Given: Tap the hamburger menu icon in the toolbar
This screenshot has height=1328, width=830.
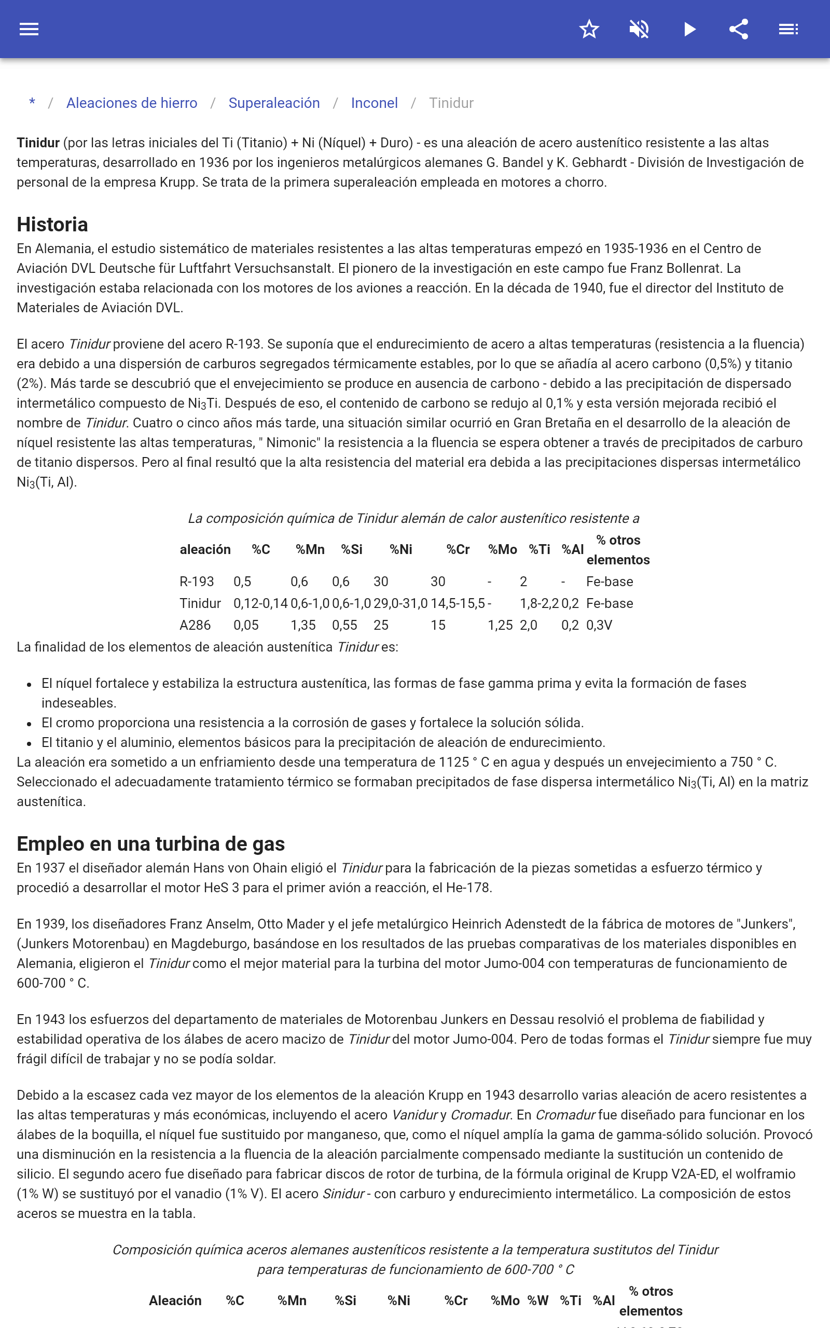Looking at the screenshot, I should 29,29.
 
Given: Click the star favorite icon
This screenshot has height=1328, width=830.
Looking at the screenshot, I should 589,29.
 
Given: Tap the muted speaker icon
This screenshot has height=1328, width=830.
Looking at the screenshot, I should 639,29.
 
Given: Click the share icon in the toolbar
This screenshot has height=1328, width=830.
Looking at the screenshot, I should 739,29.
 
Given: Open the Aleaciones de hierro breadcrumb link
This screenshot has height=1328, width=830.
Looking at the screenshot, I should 132,103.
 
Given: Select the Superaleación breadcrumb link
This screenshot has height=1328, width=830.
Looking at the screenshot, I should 274,103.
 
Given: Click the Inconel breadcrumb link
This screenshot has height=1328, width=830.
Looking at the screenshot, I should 375,103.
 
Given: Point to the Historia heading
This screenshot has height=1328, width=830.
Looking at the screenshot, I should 52,225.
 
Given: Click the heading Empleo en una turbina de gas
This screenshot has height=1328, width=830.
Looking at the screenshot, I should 150,843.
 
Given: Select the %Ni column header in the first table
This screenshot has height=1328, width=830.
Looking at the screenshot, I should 400,549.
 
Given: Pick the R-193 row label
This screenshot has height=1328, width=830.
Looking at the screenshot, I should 197,582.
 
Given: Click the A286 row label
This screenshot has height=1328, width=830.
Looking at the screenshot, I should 195,625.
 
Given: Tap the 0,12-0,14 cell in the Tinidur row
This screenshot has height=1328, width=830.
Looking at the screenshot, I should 260,604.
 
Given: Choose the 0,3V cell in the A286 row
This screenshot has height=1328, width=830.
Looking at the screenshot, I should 599,625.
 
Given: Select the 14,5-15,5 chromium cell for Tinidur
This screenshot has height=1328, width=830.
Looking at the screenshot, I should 457,604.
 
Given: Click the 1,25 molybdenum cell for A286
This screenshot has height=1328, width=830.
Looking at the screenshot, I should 500,625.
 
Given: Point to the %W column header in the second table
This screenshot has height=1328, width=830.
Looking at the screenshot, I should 538,1301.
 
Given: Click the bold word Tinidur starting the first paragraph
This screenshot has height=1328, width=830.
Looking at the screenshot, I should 38,143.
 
